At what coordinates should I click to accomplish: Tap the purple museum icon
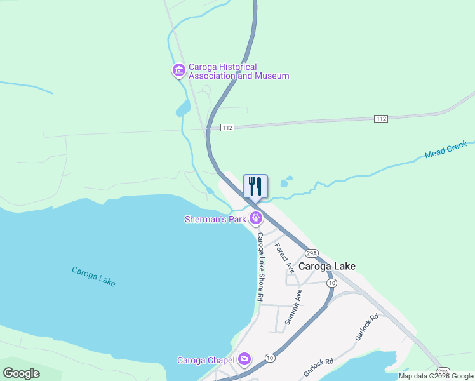tap(178, 70)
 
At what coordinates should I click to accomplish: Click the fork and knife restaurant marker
tap(255, 186)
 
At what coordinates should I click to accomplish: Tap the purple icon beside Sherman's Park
tap(256, 219)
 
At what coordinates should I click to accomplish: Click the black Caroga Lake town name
tap(327, 267)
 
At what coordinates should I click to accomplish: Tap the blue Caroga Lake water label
tap(93, 276)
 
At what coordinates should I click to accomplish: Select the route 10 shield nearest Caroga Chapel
tap(270, 358)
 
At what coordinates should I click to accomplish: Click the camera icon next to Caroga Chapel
tap(244, 360)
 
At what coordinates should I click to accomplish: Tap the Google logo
tap(21, 373)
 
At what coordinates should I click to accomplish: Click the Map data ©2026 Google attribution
tap(436, 376)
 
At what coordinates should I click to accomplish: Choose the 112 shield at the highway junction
tap(228, 128)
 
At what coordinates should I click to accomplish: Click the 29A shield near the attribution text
tap(443, 370)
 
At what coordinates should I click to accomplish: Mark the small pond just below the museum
tap(183, 109)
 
